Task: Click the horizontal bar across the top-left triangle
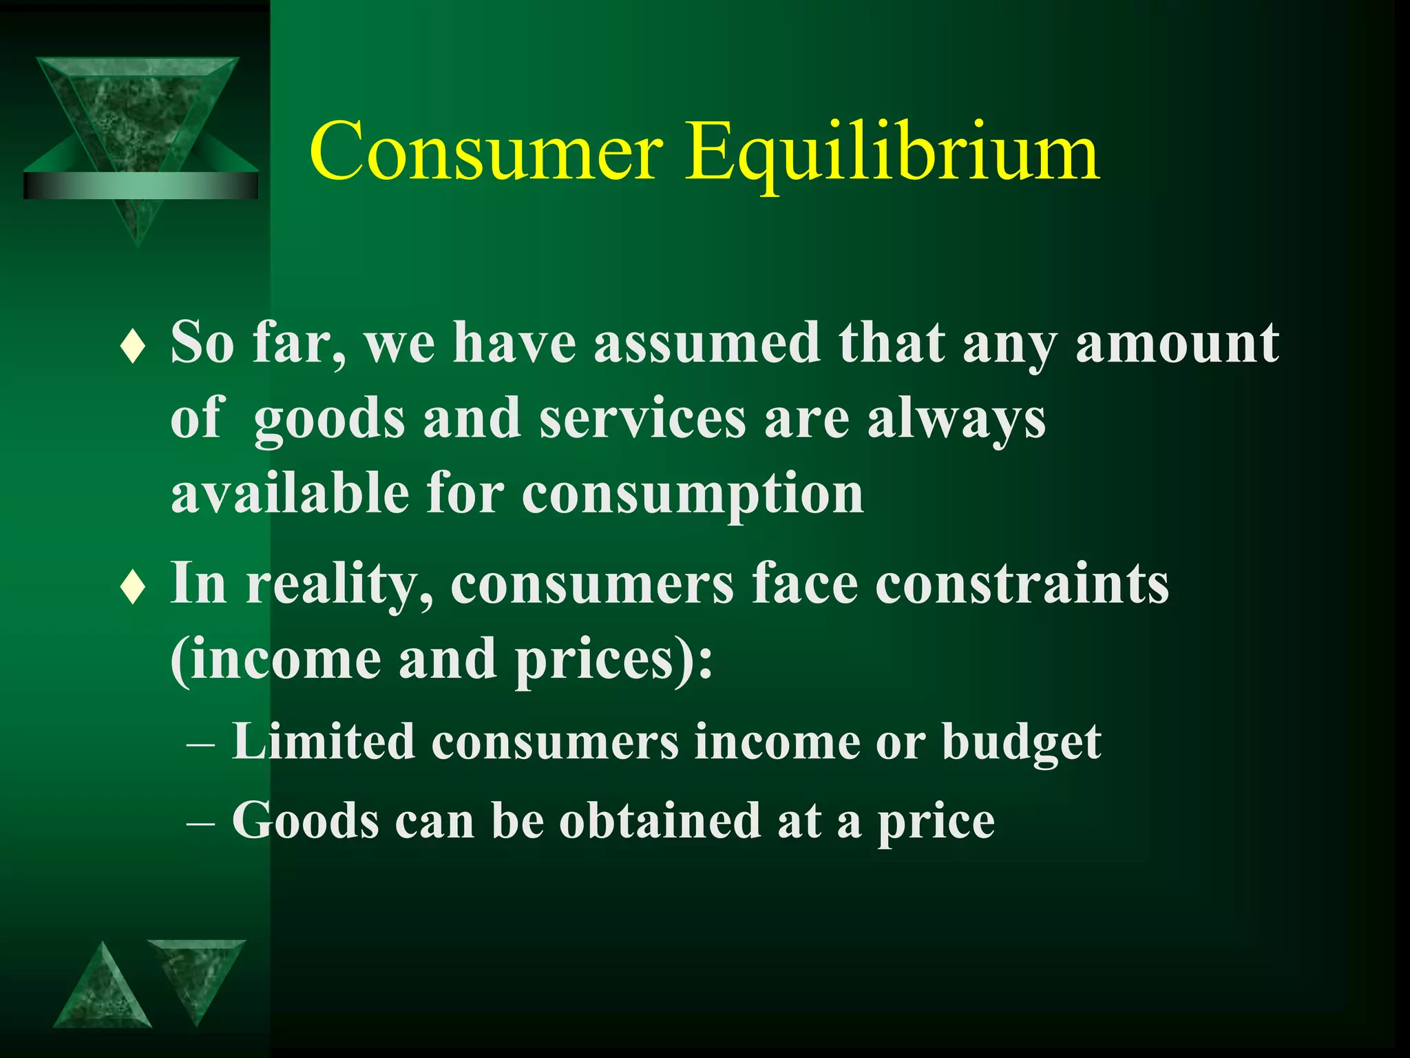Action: tap(140, 185)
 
